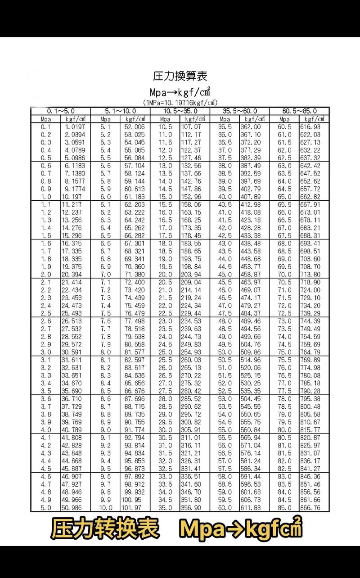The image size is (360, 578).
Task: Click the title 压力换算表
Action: tap(180, 75)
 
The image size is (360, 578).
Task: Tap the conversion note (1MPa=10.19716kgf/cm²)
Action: tap(180, 102)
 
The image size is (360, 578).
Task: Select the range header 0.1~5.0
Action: tap(61, 111)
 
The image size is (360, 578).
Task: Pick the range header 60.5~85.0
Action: tap(300, 111)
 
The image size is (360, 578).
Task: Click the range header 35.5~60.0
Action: tap(240, 111)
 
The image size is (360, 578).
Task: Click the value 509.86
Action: tap(251, 352)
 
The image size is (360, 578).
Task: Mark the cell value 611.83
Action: tap(251, 508)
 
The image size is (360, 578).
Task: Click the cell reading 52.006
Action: tap(134, 127)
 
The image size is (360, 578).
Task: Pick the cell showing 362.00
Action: tap(251, 127)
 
